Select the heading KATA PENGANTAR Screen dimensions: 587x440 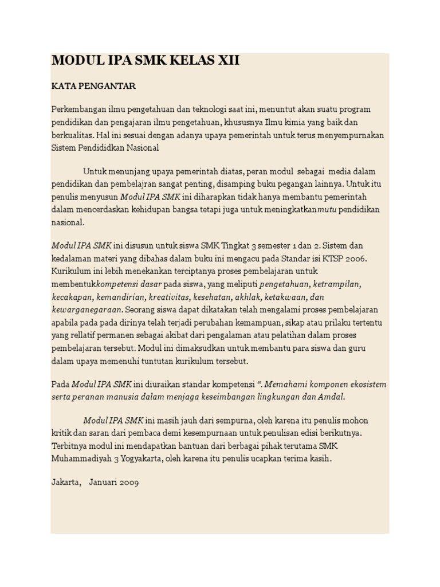pos(93,87)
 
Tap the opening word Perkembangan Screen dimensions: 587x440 pos(78,109)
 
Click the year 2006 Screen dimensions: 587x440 pos(355,259)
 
